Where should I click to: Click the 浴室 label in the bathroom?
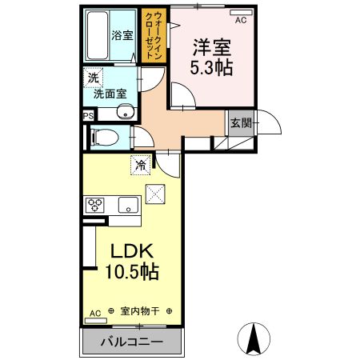coord(122,36)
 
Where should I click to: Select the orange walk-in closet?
coord(150,35)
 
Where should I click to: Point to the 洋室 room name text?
coord(211,46)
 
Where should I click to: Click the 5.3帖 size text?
coord(211,67)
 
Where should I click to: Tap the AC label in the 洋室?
coord(240,21)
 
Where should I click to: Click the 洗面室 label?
coord(110,93)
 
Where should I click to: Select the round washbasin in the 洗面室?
coord(123,111)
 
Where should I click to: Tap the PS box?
coord(87,115)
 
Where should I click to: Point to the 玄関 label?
coord(240,122)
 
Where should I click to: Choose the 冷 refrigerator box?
coord(140,166)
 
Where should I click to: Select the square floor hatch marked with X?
coord(154,193)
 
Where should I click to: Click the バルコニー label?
coord(131,342)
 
